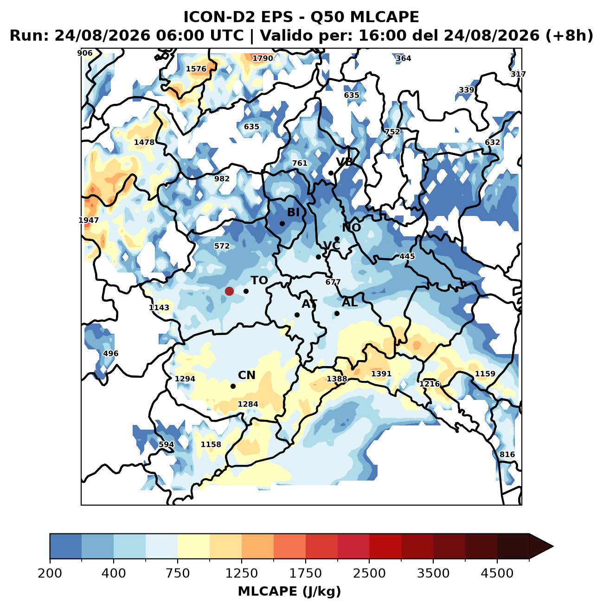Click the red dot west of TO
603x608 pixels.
point(229,291)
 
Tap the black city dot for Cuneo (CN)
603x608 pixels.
point(233,386)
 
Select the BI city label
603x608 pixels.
point(293,212)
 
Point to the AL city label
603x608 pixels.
point(350,303)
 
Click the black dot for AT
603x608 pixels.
point(297,315)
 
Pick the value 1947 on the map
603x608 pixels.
point(89,220)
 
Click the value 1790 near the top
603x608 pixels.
point(263,58)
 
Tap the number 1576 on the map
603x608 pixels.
point(196,69)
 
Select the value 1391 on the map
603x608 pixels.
point(381,374)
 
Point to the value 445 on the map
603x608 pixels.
point(407,256)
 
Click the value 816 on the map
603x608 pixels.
point(507,454)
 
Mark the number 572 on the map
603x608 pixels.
point(222,246)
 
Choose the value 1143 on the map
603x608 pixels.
point(159,307)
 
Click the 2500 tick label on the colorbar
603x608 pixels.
point(369,573)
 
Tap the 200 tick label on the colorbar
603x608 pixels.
point(50,573)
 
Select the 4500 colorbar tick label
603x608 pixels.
point(497,573)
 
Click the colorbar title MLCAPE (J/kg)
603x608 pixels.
point(289,591)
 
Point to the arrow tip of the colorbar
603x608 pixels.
point(553,546)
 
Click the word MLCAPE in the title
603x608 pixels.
point(385,17)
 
